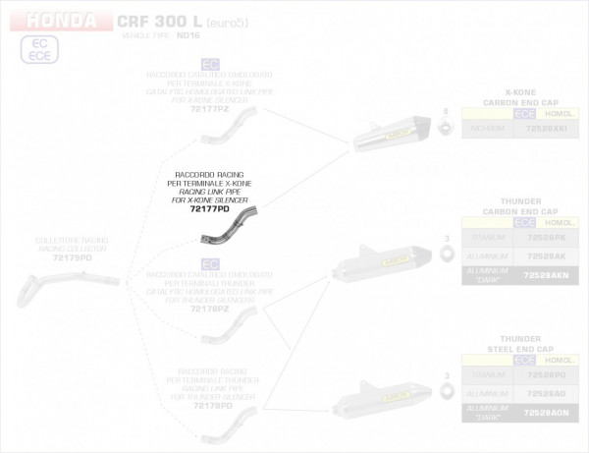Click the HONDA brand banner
click(59, 21)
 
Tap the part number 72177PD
click(209, 209)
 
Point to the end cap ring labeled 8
click(445, 127)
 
